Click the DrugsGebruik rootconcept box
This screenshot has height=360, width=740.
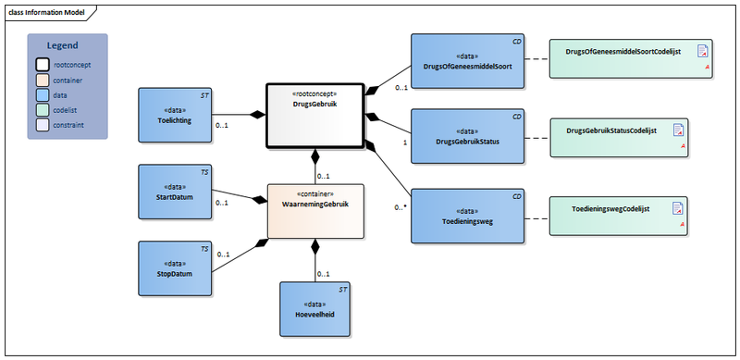[x=315, y=115]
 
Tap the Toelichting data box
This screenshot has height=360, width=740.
[x=176, y=115]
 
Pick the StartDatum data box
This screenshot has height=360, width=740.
[x=176, y=191]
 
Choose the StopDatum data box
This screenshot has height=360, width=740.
[x=176, y=267]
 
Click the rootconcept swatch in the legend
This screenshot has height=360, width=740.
[x=43, y=65]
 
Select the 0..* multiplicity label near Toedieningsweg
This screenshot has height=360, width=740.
[x=400, y=207]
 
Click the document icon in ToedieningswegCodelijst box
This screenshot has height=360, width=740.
[x=677, y=208]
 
